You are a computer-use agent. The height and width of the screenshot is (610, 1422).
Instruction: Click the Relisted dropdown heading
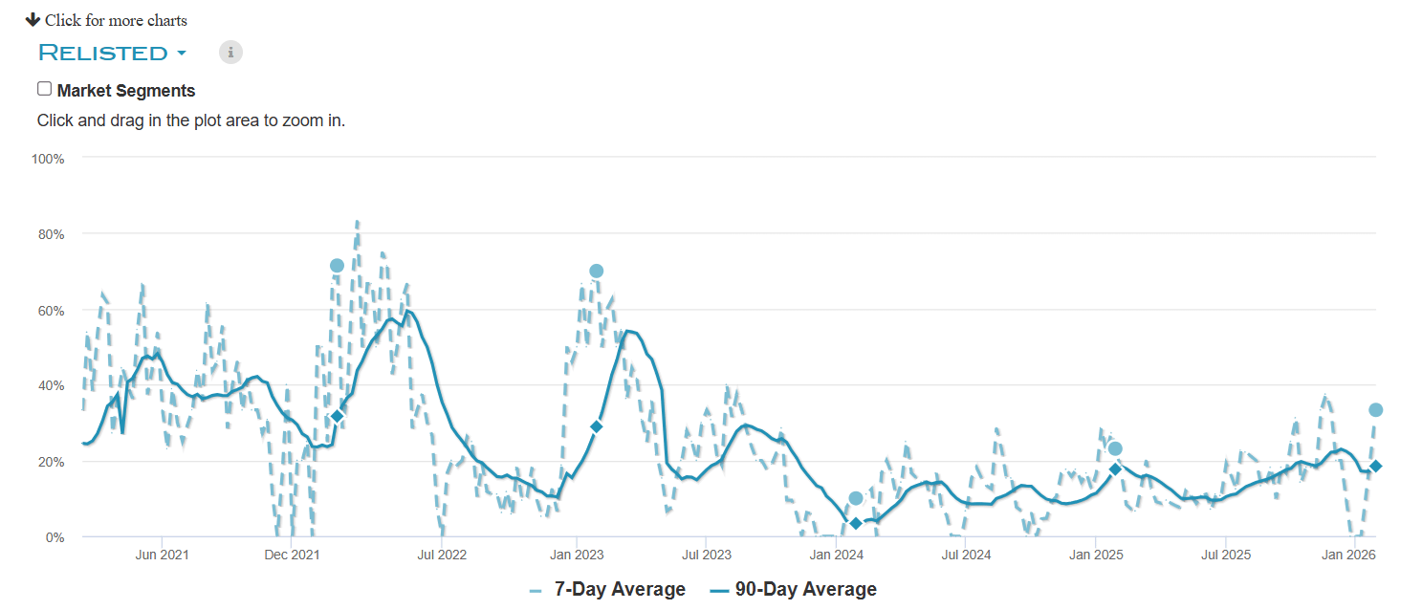point(111,53)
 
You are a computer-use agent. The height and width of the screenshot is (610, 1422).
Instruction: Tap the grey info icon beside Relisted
point(230,53)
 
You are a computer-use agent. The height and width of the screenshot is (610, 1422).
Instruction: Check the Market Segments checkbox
point(44,89)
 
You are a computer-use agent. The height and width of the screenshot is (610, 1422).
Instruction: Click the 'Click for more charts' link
point(106,20)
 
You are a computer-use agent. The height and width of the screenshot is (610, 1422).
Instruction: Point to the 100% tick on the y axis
point(49,159)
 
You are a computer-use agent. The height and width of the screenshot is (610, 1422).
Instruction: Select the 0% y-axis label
point(55,538)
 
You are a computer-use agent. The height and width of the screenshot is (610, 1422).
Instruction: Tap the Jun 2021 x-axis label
point(161,556)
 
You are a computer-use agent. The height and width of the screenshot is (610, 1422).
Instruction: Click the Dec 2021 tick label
point(291,556)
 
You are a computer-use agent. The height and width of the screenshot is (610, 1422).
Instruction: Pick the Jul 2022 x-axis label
point(441,556)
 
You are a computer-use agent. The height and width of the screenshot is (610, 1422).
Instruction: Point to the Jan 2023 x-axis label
point(575,556)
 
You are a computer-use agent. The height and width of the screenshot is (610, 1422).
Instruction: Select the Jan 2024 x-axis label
point(837,556)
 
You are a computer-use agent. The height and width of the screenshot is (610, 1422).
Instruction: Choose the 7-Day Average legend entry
point(607,590)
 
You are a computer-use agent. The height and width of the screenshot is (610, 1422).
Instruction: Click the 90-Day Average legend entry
point(794,590)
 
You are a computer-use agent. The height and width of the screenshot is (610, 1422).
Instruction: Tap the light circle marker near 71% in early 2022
point(337,266)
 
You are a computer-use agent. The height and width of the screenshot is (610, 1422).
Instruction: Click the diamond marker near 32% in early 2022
point(337,416)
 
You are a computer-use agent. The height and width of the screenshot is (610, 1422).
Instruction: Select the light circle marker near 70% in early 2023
point(597,272)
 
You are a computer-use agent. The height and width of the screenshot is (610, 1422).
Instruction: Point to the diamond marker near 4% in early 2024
point(856,523)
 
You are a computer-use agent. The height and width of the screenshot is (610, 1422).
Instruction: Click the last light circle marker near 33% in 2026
point(1376,410)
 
